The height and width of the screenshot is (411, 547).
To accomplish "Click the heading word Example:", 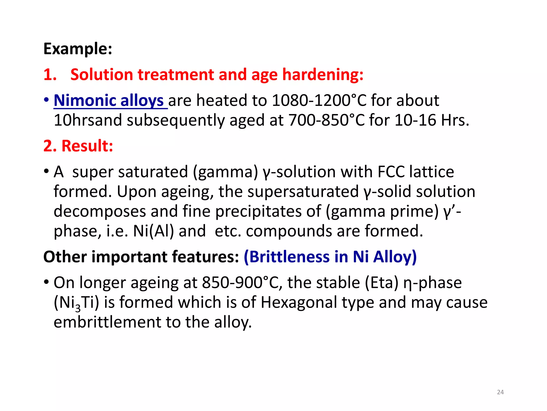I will tap(78, 49).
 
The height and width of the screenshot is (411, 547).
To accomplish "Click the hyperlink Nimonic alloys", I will tap(109, 101).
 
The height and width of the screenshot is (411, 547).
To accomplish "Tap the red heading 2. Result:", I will tap(78, 146).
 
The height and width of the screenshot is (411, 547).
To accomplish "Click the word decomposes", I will tap(100, 211).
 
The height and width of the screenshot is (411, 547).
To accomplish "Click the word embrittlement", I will tap(107, 322).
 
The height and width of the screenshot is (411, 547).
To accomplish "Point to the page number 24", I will tap(500, 392).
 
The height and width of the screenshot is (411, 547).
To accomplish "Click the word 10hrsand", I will tap(88, 120).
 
